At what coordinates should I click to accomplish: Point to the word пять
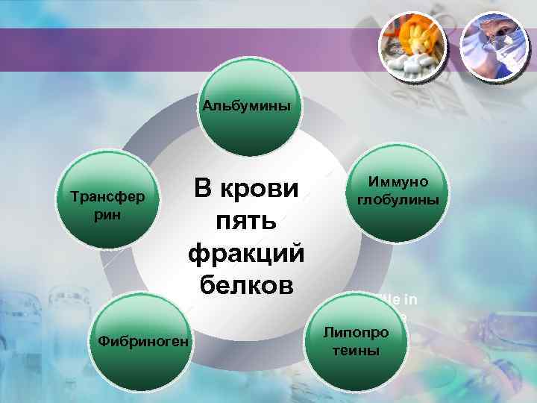pos(245,222)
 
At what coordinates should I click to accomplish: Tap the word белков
pos(245,286)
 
